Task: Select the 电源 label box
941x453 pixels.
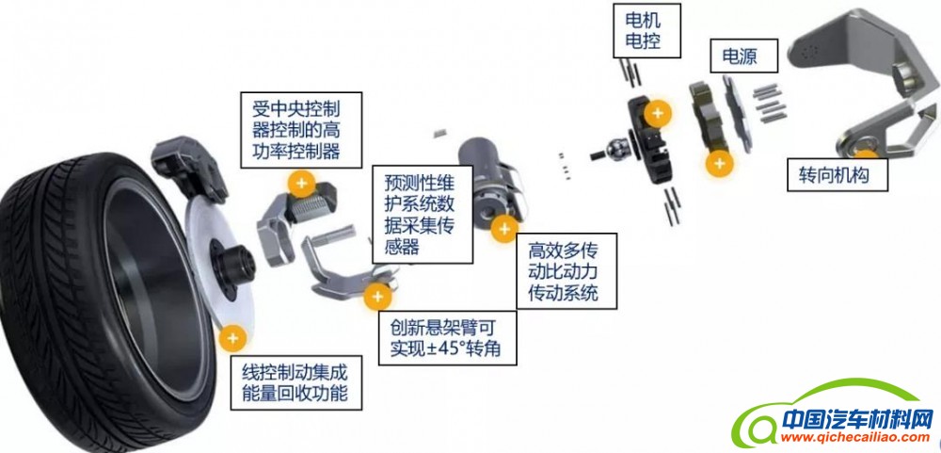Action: (745, 57)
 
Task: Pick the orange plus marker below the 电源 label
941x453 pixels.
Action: (720, 163)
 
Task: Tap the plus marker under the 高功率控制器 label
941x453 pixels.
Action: (300, 183)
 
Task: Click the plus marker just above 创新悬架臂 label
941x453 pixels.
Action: (378, 296)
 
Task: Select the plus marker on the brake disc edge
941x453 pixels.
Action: (231, 335)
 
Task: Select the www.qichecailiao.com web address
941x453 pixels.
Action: (845, 438)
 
